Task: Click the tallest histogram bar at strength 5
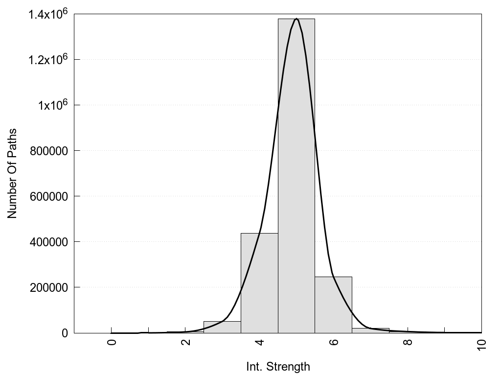click(296, 176)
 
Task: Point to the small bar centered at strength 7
click(370, 330)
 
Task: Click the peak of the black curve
click(296, 19)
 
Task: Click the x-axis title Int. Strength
click(278, 366)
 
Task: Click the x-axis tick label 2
click(186, 342)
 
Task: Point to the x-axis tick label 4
click(260, 342)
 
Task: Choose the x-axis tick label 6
click(334, 342)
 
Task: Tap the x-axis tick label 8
click(408, 342)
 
